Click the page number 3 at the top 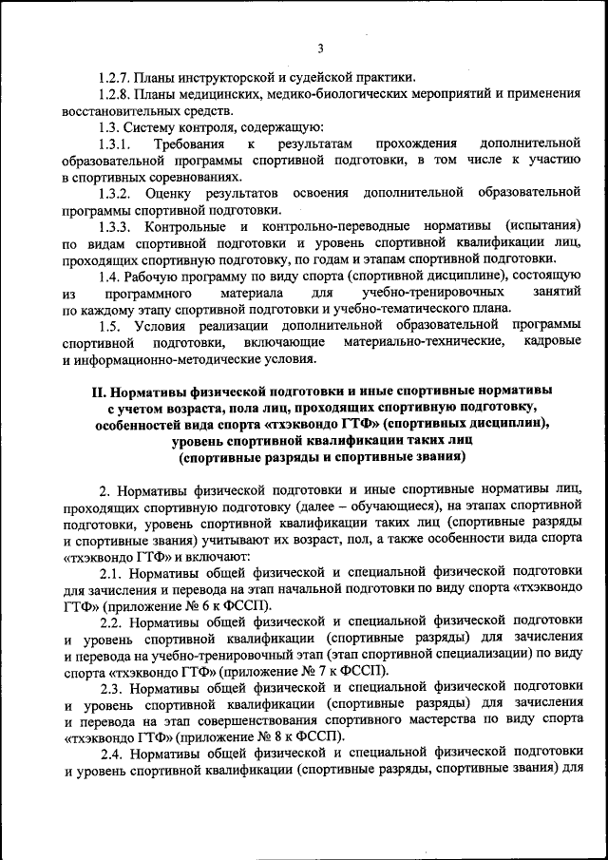(x=321, y=48)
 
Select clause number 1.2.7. (x=116, y=77)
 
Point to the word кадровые (x=551, y=346)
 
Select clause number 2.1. (x=112, y=574)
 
